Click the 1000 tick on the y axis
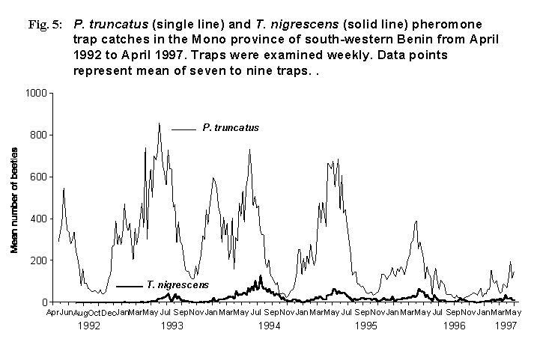[x=35, y=93]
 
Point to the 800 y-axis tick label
[x=38, y=135]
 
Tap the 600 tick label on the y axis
[x=38, y=177]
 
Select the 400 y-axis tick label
[x=38, y=219]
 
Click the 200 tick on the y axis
[x=38, y=260]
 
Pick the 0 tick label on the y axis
[x=43, y=302]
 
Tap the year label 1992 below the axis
[x=88, y=326]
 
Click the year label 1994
[x=269, y=326]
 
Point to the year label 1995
[x=365, y=326]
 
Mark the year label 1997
[x=506, y=326]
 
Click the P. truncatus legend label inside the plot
[x=231, y=128]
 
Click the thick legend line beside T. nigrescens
[x=130, y=286]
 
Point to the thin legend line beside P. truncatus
[x=183, y=129]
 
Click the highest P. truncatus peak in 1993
[x=159, y=123]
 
